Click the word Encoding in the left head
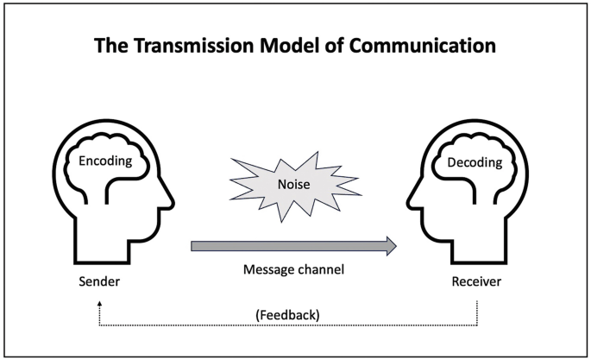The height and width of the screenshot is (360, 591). (104, 161)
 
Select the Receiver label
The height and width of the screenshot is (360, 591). (475, 281)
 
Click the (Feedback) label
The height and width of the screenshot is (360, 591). (288, 314)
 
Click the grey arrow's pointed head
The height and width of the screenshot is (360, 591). (390, 246)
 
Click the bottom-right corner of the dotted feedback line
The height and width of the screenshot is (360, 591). (477, 325)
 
